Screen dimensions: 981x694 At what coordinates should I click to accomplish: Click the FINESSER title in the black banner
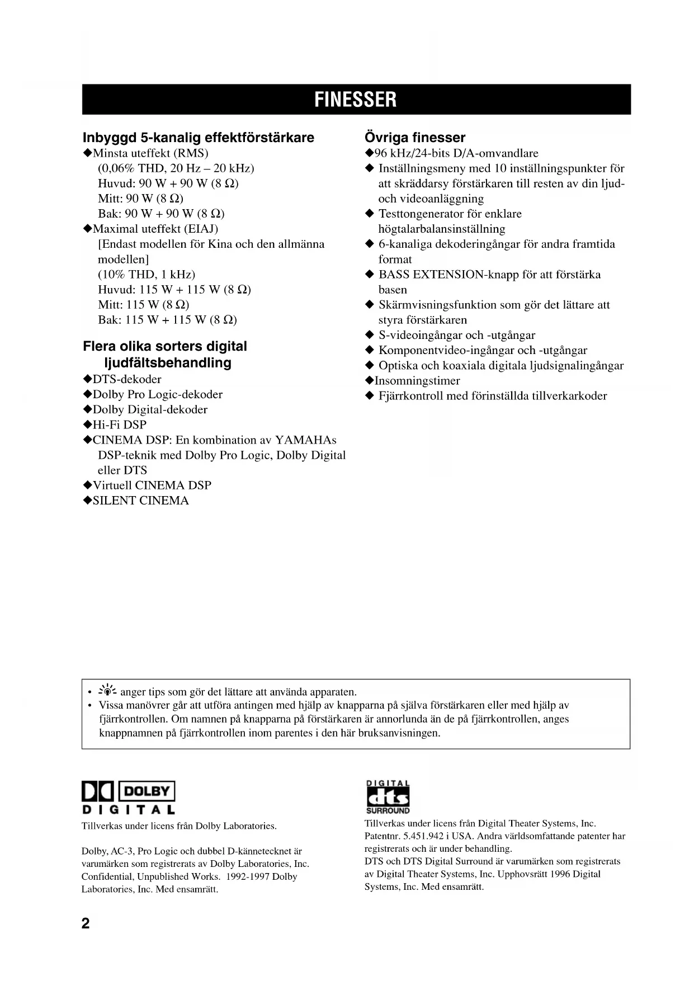pos(356,100)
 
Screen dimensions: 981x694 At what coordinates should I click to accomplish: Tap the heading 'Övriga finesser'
pos(414,138)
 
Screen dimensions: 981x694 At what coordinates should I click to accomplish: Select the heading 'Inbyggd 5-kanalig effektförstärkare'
pos(199,138)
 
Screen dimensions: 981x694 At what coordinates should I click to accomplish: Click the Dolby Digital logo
pos(129,798)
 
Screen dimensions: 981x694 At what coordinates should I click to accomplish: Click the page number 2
pos(86,923)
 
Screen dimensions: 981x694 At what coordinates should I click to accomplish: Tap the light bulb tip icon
pos(106,691)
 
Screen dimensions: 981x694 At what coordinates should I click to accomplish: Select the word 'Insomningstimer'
pos(417,381)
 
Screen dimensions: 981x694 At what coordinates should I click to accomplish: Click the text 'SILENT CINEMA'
pos(140,501)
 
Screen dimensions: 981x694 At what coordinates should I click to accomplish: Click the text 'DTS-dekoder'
pos(126,379)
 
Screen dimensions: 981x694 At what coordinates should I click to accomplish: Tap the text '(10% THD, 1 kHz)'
pos(147,275)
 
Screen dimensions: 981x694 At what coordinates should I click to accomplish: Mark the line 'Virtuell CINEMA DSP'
pos(152,485)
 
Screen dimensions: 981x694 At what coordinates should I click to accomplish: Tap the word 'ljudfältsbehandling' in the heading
pos(168,362)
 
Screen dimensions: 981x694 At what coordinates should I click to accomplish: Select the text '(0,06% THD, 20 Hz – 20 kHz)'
pos(176,168)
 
